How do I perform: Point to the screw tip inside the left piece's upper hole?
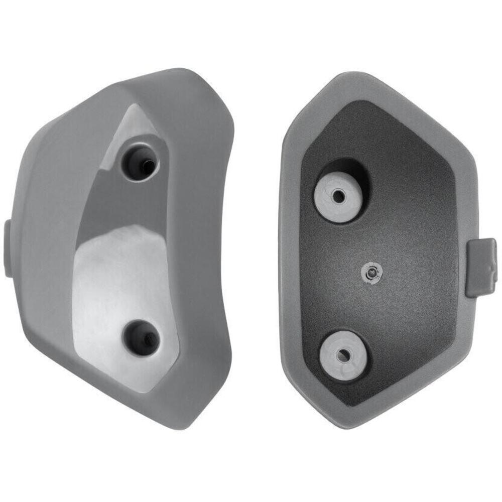pyautogui.click(x=146, y=164)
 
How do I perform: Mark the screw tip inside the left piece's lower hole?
pyautogui.click(x=147, y=339)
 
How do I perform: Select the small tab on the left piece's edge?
pyautogui.click(x=9, y=248)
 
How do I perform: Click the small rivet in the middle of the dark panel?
pyautogui.click(x=371, y=272)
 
